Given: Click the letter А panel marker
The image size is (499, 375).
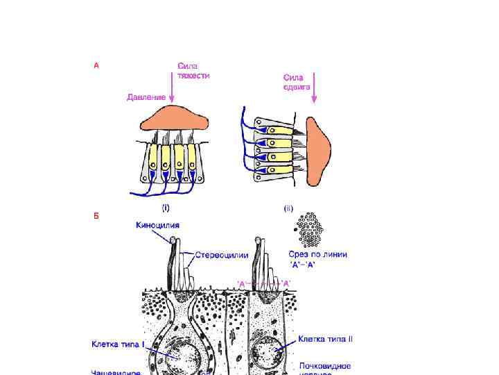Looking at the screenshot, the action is tap(96, 66).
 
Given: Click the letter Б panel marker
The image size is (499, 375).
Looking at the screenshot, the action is tap(96, 215).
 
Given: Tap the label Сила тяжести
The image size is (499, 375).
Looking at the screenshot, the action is tap(193, 71).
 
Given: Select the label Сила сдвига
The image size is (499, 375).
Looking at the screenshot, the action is tap(297, 82).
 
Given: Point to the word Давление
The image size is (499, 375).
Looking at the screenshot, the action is tap(146, 97).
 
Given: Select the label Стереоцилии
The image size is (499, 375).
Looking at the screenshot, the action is tap(221, 256).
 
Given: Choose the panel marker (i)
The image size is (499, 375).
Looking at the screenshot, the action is tap(166, 207).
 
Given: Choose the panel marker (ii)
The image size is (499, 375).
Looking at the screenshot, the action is tap(288, 207).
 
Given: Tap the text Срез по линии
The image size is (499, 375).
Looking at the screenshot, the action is tap(317, 255).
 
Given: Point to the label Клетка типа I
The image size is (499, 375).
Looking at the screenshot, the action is tap(119, 343).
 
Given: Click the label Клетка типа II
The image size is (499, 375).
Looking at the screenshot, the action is tap(326, 339).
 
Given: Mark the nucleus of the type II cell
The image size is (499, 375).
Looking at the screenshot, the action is tap(268, 353).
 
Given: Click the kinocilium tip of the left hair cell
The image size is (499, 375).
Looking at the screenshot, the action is tap(172, 240).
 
